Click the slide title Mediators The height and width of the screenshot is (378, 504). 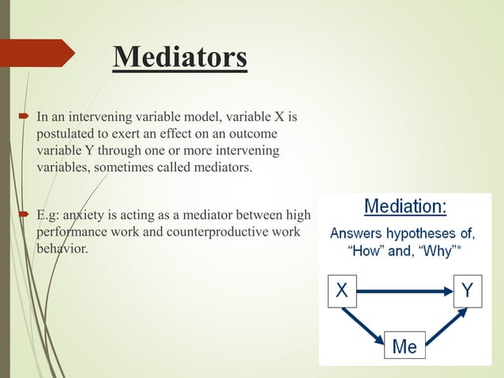(x=179, y=58)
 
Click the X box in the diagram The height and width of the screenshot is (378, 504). (x=341, y=291)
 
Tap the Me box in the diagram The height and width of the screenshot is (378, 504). (x=404, y=345)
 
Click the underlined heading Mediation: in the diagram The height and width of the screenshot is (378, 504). (x=405, y=208)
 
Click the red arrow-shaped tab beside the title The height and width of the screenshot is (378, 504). (x=39, y=53)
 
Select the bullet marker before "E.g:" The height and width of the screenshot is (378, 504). (x=25, y=214)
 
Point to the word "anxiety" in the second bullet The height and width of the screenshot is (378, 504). (x=83, y=214)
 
